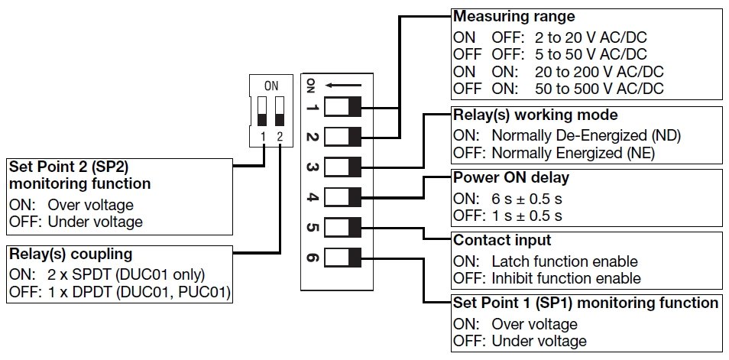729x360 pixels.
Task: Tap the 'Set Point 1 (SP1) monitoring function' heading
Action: tap(585, 303)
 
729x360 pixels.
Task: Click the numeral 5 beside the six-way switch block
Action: tap(312, 227)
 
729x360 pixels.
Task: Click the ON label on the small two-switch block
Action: tap(271, 86)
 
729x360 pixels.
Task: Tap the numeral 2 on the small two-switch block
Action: tap(280, 137)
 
